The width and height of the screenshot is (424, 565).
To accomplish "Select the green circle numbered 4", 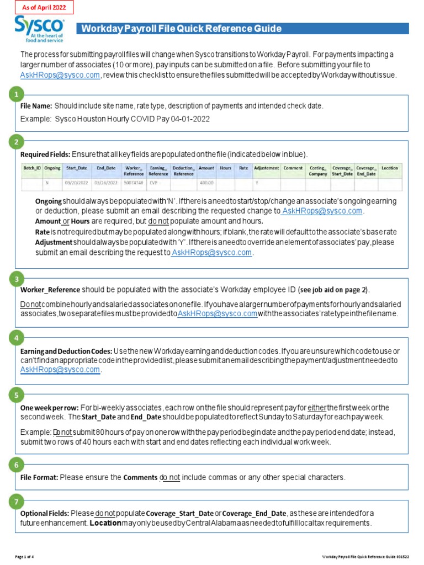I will click(x=16, y=337).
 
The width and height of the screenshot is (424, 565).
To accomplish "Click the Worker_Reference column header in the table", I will click(x=134, y=170).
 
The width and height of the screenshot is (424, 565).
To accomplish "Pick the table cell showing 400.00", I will click(x=206, y=183).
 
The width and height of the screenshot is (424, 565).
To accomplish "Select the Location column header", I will click(x=389, y=168).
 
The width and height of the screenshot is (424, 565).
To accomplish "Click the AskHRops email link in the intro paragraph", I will click(x=60, y=75).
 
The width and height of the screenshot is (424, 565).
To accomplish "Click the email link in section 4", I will click(x=60, y=370).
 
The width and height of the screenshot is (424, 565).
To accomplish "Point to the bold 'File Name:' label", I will click(x=36, y=106).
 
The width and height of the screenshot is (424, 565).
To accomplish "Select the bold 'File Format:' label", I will click(x=39, y=477).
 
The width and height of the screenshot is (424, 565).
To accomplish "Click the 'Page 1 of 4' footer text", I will click(x=24, y=556).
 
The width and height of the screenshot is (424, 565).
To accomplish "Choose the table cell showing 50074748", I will click(x=134, y=183).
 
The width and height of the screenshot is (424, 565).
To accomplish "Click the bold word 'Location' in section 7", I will click(x=105, y=523).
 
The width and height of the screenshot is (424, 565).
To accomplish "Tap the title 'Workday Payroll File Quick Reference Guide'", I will click(x=182, y=29).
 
